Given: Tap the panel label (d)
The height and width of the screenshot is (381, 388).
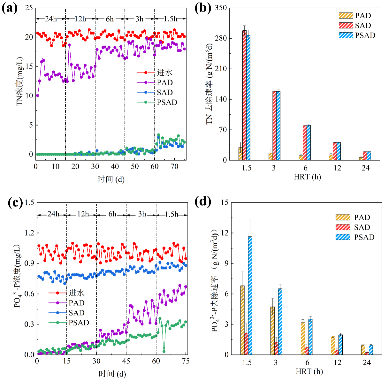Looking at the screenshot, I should pos(203,202).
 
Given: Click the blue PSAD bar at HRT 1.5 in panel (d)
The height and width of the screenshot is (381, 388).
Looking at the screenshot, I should pos(250,295).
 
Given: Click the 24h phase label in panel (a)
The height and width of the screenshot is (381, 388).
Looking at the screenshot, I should pos(50,19).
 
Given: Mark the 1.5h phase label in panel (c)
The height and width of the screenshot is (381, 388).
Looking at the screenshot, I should pos(171,214).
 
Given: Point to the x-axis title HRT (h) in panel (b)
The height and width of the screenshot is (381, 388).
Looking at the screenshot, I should pos(307,177).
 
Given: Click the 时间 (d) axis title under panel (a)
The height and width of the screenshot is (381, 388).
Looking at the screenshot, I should pos(111,179).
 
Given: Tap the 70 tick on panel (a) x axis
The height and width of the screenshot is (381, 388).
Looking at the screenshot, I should pos(174,166).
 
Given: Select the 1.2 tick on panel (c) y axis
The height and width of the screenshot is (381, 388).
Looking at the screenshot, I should pos(29,233).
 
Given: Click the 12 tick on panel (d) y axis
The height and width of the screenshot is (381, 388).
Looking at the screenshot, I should pos(225,233).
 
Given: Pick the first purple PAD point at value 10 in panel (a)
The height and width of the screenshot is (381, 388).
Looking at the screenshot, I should pos(38,95).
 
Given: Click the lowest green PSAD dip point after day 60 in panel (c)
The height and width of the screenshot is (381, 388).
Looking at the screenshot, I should pos(164,351).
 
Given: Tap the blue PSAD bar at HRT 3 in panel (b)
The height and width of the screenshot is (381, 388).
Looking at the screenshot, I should pos(278,126).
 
